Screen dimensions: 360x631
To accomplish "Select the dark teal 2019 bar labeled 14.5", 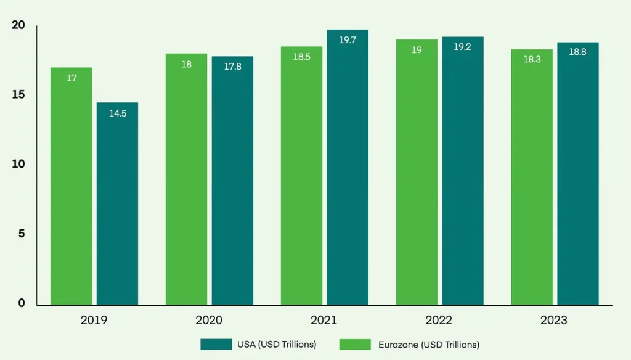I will [x=117, y=203].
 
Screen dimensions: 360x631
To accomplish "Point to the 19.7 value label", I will [x=348, y=40].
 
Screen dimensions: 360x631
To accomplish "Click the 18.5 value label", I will [x=301, y=57].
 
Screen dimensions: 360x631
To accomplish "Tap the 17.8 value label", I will [x=232, y=67].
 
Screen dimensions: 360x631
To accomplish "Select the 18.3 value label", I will [x=532, y=60].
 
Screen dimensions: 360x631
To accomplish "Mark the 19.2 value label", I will [x=462, y=47].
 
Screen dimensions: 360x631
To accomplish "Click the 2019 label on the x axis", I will [x=94, y=321].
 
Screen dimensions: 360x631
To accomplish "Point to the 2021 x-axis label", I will [x=324, y=321].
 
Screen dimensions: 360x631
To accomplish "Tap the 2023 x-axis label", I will [x=555, y=321].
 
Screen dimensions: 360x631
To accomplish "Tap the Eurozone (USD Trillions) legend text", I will [x=429, y=344].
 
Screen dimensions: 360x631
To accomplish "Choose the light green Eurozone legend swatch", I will [x=354, y=344].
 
